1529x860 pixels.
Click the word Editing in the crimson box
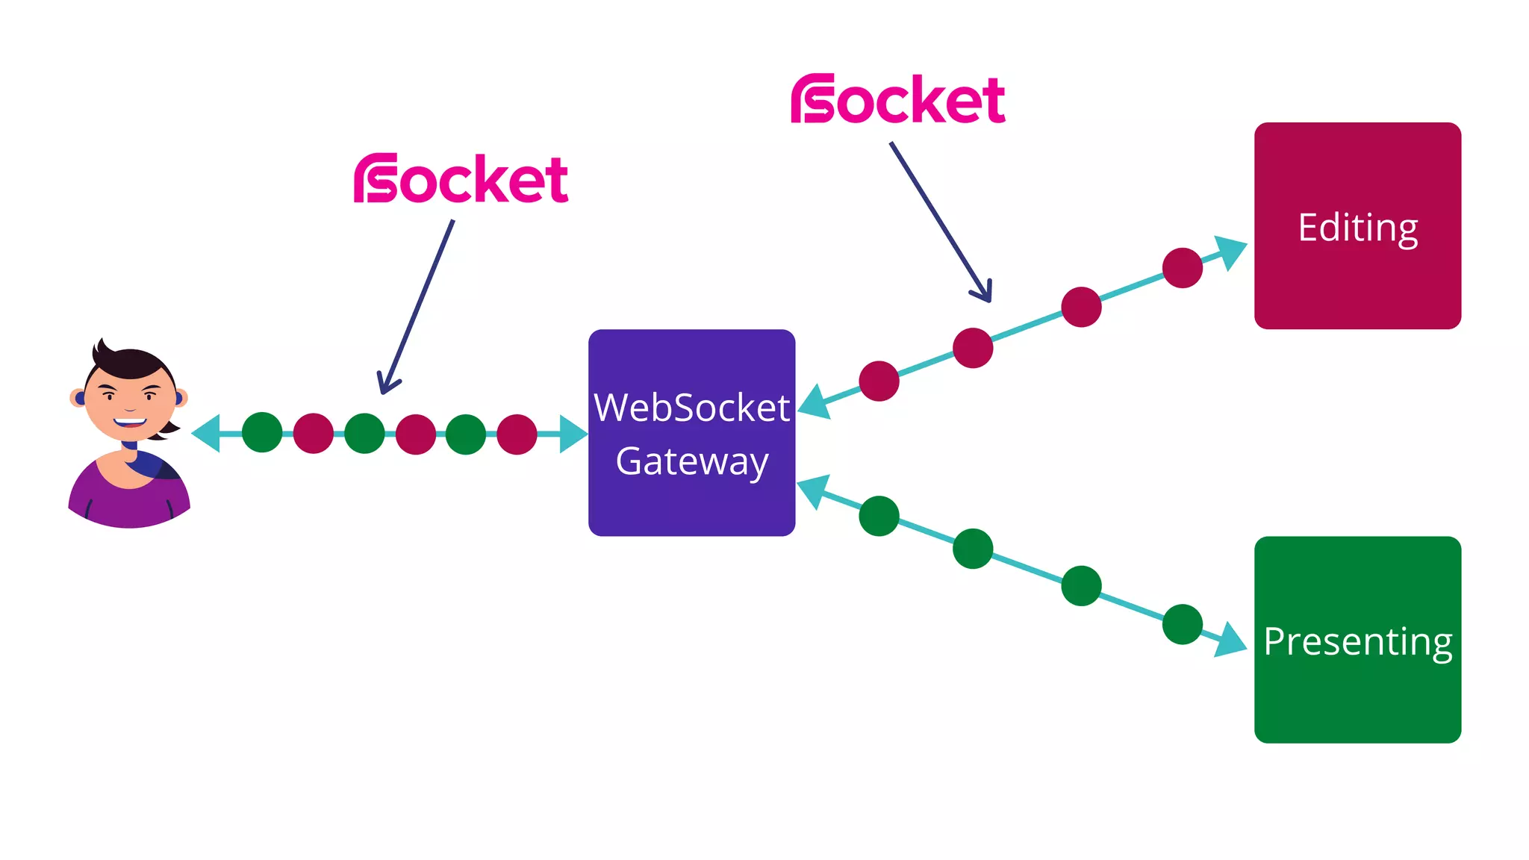tap(1357, 227)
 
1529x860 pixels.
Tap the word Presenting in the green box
tap(1357, 641)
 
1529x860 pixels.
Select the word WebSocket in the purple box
tap(691, 408)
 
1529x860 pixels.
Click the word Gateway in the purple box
tap(691, 461)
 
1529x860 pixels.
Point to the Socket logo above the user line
tap(461, 178)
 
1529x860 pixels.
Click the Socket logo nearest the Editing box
tap(898, 99)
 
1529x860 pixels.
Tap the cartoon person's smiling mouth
tap(130, 422)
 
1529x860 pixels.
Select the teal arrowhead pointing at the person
tap(206, 433)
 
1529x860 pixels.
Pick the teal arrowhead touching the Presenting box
tap(1230, 641)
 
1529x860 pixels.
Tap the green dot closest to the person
tap(262, 432)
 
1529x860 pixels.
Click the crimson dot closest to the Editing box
tap(1183, 267)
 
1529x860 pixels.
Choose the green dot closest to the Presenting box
tap(1183, 624)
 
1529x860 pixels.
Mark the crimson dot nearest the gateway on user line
tap(517, 434)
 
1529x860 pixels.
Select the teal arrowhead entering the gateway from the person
tap(573, 434)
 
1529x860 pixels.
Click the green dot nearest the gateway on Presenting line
tap(879, 516)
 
